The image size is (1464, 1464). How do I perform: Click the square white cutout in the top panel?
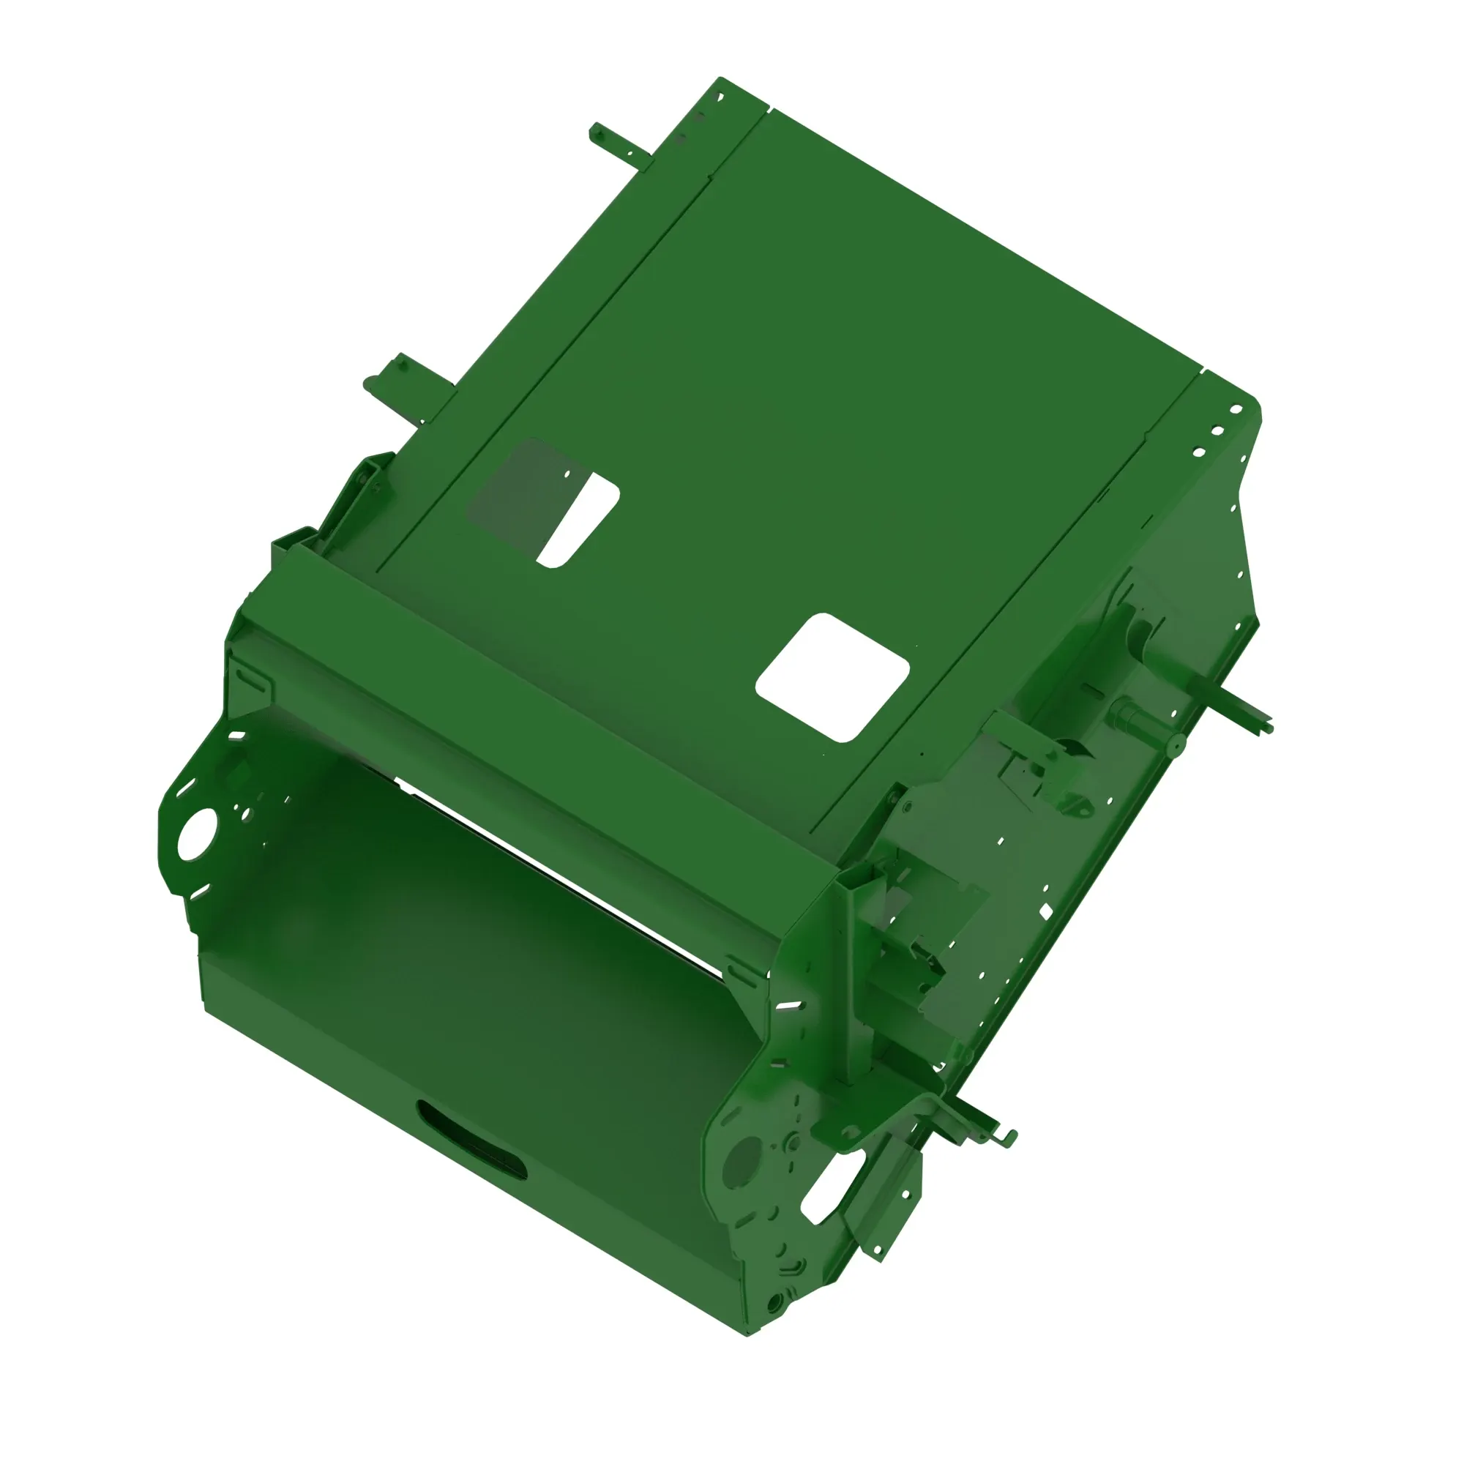click(832, 676)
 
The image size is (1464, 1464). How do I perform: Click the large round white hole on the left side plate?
click(197, 835)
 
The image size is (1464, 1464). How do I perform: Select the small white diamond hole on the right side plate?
click(1046, 911)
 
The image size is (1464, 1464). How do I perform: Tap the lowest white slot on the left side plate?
click(198, 890)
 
